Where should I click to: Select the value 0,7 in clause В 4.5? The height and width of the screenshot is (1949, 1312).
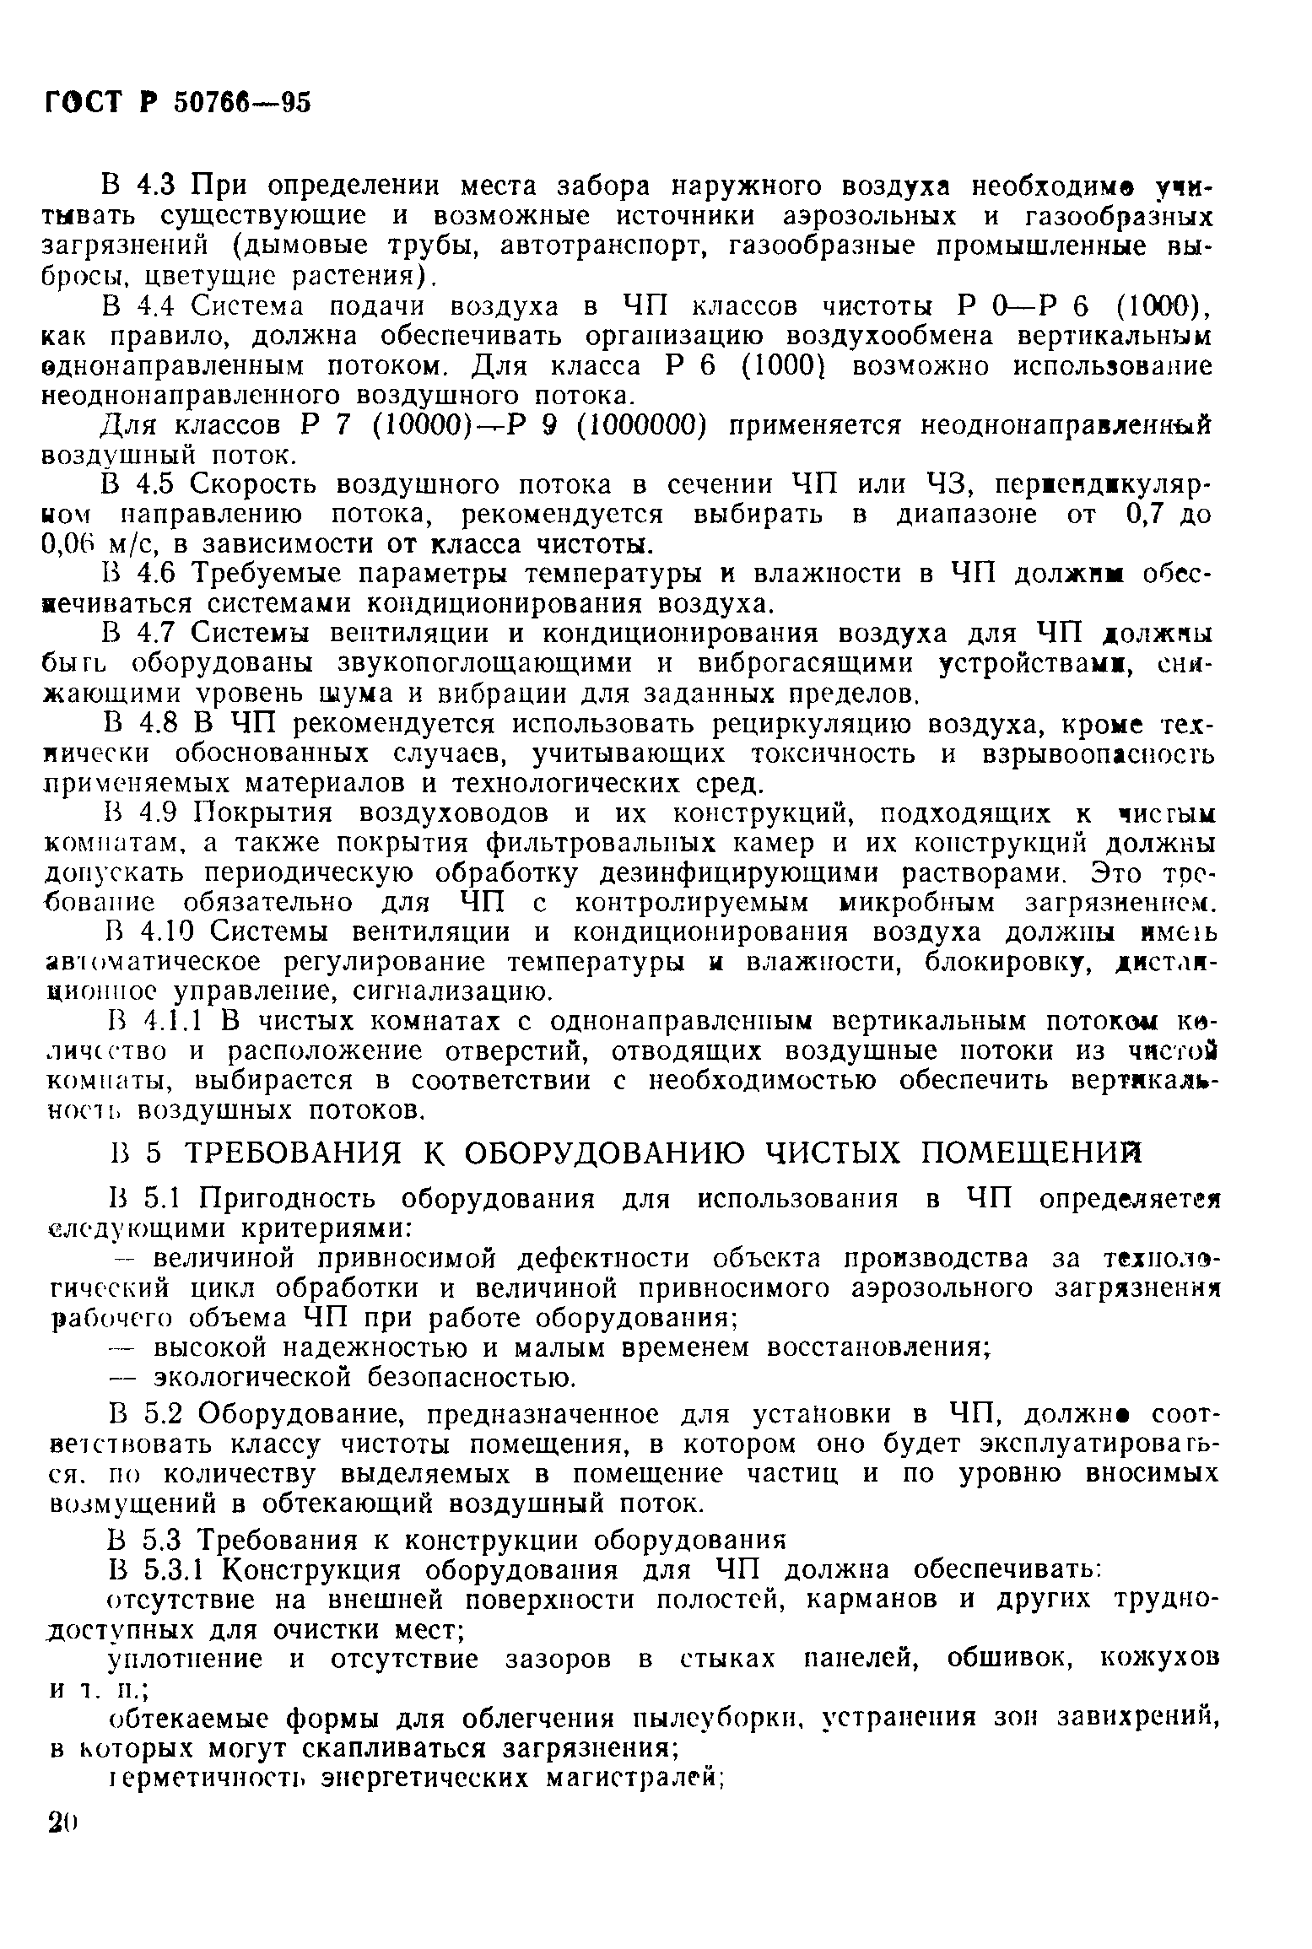pyautogui.click(x=1125, y=515)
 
